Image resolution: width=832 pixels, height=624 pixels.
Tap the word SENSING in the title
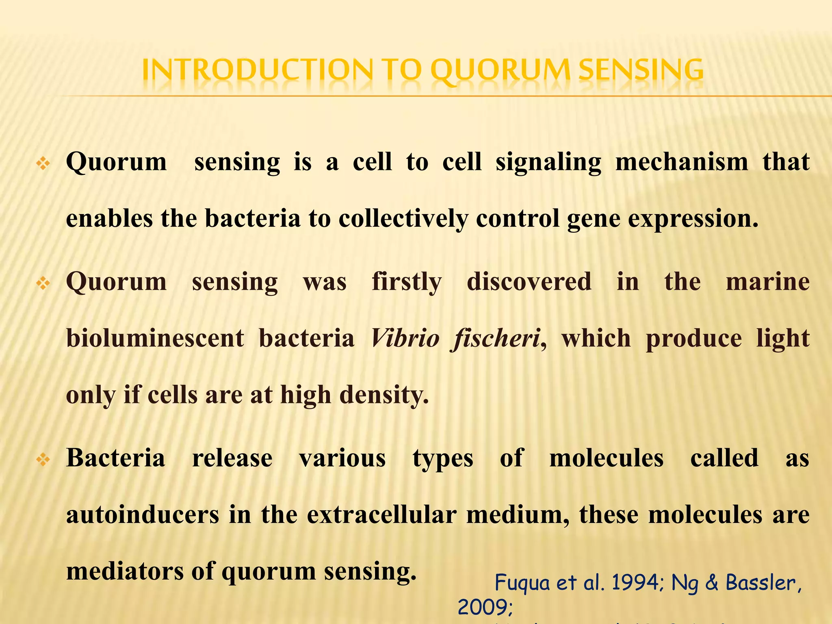[641, 70]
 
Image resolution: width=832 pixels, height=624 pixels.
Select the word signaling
[548, 162]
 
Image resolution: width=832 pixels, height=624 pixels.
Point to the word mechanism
[682, 162]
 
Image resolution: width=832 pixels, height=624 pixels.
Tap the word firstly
[407, 282]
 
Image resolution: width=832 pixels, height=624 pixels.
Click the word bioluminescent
[155, 338]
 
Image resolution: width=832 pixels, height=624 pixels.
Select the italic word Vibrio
[405, 338]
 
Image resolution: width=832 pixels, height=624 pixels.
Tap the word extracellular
[381, 515]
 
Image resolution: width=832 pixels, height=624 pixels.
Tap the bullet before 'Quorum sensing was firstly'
[43, 284]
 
